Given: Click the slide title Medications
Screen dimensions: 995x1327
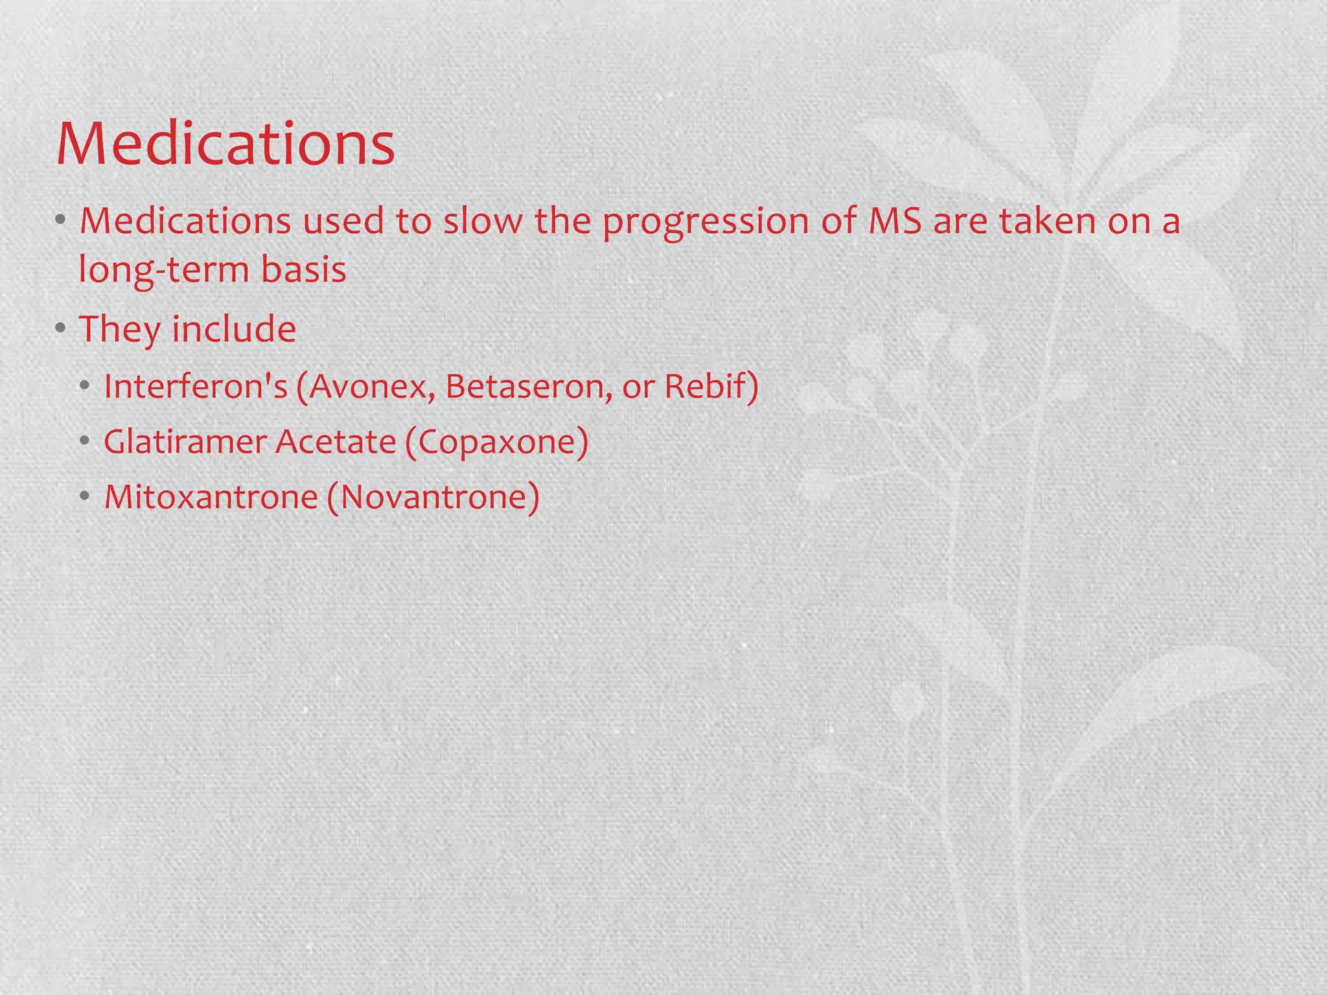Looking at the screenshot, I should (225, 143).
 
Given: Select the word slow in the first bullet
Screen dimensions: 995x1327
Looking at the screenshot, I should (482, 220).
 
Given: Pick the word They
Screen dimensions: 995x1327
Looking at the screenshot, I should (119, 329).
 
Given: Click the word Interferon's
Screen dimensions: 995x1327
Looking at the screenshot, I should (195, 386).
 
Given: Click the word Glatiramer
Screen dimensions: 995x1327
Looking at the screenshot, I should (185, 442).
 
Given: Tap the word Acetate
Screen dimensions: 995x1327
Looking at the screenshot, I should (335, 442).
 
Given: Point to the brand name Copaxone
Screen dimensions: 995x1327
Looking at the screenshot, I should (496, 442).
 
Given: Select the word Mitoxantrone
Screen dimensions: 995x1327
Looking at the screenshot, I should (211, 497).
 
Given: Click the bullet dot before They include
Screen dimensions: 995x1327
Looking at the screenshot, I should (60, 328).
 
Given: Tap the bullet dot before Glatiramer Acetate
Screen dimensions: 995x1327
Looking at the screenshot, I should (84, 442).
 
